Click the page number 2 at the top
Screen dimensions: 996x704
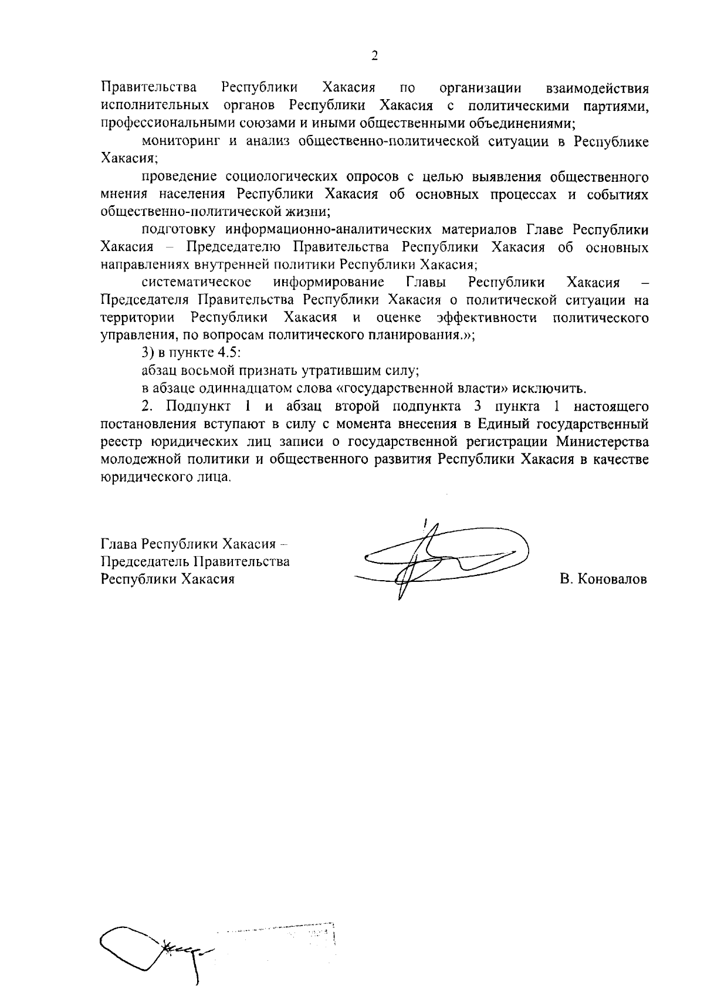point(374,56)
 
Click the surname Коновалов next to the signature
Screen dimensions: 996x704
point(604,580)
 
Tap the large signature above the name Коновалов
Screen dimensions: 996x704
point(440,557)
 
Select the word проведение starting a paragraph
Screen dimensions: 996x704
point(180,177)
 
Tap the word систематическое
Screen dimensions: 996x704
point(197,282)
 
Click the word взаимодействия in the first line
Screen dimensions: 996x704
point(597,89)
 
